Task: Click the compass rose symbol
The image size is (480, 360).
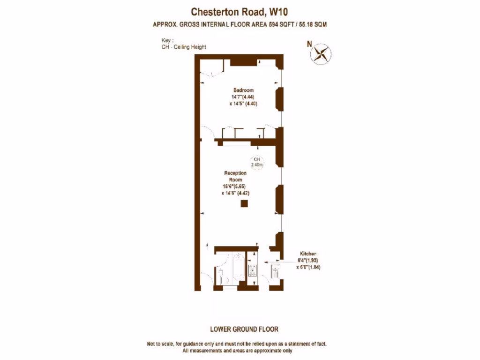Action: (321, 53)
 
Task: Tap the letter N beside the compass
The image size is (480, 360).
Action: (309, 44)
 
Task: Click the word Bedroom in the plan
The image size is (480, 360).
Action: (244, 90)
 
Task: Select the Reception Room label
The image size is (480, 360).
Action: (235, 176)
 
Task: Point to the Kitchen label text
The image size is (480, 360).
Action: (307, 253)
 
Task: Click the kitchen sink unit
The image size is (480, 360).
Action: (275, 271)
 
